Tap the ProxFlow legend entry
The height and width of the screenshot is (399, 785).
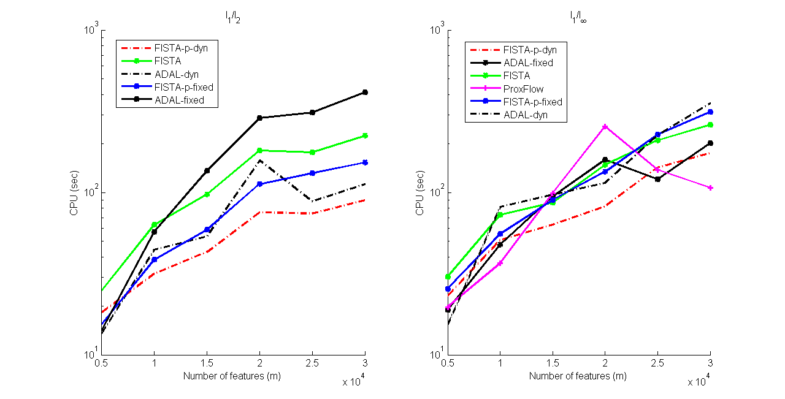523,89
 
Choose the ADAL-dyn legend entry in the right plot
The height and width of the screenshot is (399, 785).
525,115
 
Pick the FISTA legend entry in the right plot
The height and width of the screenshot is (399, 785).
516,75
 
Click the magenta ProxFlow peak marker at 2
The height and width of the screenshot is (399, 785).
605,127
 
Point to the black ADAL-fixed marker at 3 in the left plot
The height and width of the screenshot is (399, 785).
366,93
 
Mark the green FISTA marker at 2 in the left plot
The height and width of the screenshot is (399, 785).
260,150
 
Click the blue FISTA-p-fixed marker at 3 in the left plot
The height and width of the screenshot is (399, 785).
366,162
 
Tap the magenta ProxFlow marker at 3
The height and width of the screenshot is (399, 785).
710,188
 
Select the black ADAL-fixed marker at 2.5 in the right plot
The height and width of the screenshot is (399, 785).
657,179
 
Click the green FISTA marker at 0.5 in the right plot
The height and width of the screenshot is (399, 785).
448,276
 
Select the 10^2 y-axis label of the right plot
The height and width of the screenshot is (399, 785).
437,192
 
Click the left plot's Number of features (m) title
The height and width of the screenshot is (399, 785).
232,376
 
